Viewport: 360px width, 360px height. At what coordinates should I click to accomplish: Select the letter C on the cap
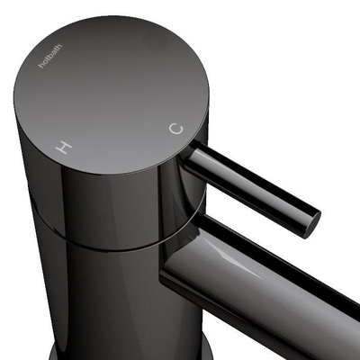coord(175,129)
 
